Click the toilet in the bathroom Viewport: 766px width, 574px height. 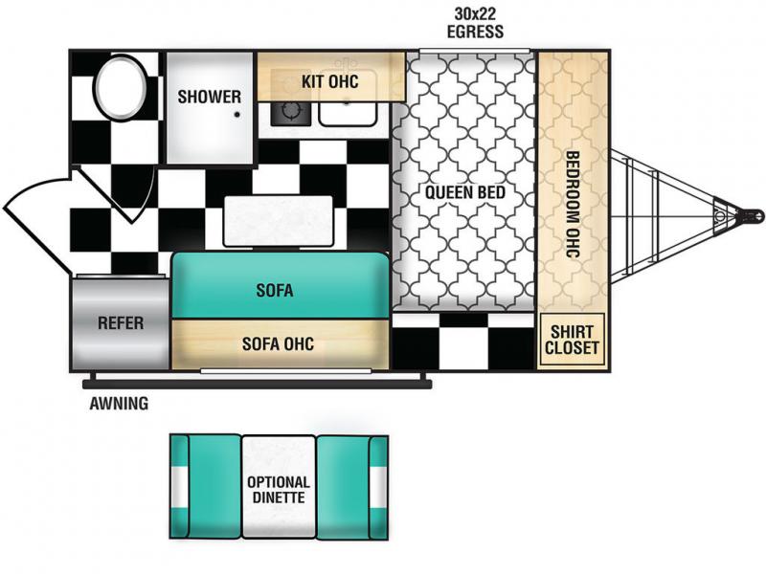point(121,87)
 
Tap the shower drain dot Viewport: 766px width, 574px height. point(237,115)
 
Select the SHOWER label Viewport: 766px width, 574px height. point(209,97)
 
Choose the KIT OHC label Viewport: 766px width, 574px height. point(330,81)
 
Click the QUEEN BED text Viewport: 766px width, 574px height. point(465,193)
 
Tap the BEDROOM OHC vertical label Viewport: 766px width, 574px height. point(572,204)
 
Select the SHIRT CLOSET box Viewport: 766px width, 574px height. point(572,340)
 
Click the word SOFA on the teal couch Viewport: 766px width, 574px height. point(275,291)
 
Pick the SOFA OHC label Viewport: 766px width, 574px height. point(278,344)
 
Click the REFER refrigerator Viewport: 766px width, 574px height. point(121,323)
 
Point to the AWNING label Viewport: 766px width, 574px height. point(119,404)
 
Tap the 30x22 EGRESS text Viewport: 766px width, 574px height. point(475,22)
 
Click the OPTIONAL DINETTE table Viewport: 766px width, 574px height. point(279,487)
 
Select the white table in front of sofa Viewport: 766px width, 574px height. point(278,221)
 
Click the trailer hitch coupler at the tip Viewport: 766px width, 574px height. point(753,215)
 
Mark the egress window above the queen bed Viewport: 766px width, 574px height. point(474,51)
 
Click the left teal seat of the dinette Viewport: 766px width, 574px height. point(205,487)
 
